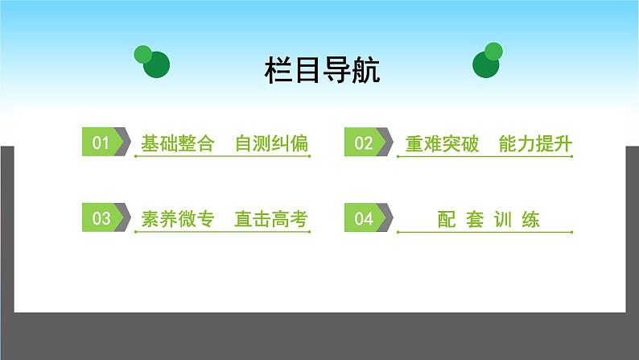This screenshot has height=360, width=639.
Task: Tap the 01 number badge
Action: point(101,143)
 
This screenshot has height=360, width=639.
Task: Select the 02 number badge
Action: point(363,143)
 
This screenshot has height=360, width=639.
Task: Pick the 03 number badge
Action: point(101,217)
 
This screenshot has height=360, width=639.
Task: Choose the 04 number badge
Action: point(363,217)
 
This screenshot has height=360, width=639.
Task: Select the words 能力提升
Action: point(534,144)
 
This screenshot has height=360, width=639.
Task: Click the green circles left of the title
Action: point(153,61)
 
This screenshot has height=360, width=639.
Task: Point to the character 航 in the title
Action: point(365,70)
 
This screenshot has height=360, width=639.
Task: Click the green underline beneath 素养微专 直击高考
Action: point(222,234)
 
